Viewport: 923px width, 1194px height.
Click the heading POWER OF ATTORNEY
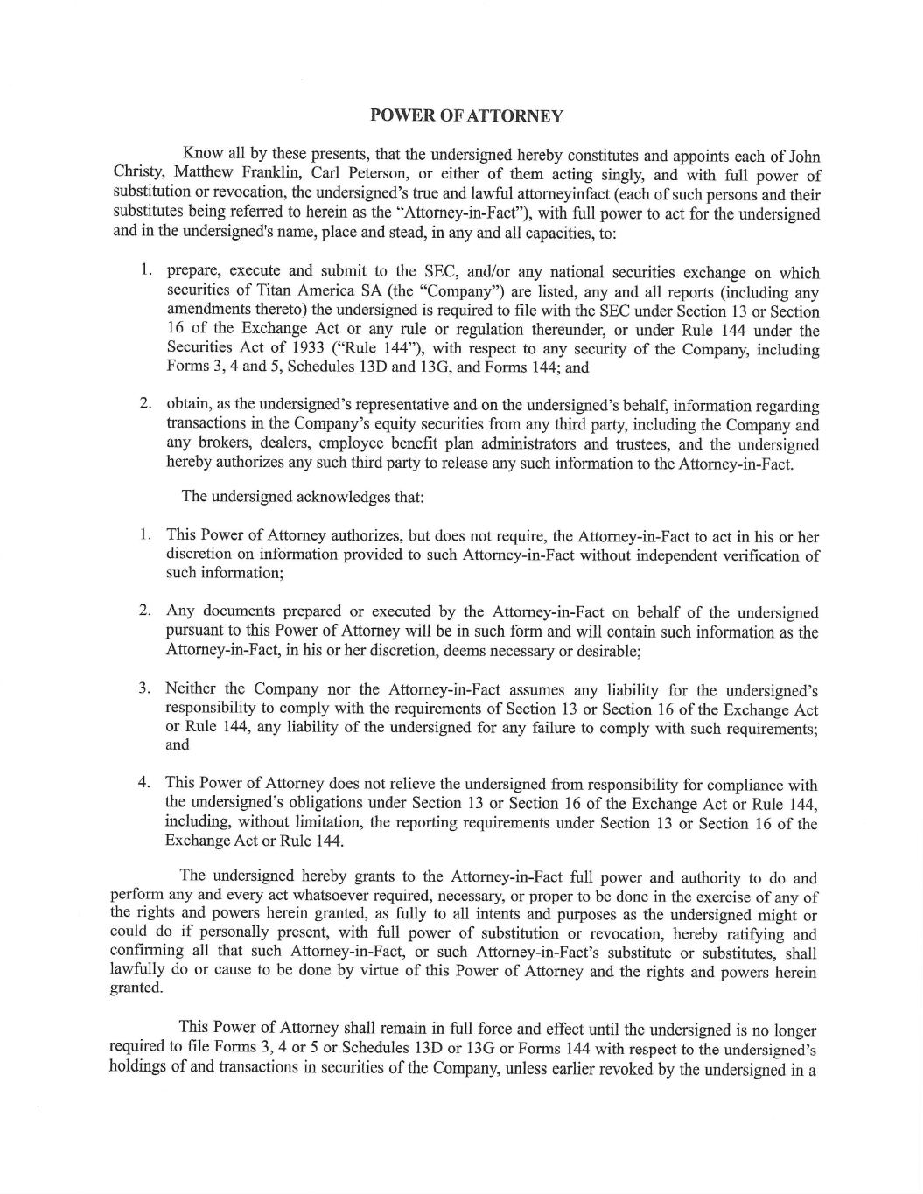coord(466,115)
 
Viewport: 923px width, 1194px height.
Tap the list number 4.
coord(144,783)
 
